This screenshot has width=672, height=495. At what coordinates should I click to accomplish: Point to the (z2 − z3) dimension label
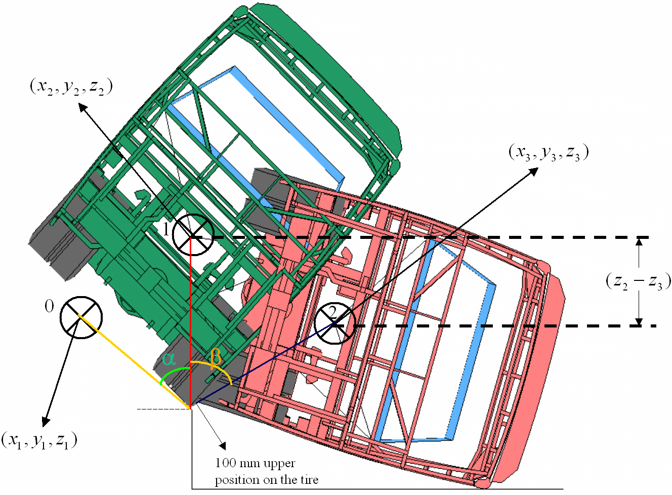coord(638,282)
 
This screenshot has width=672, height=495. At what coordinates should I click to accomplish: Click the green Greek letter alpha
coord(169,359)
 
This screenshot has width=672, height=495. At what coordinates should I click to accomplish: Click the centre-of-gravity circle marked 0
coord(81,317)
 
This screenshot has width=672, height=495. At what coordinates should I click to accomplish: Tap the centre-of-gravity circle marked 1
coord(193,235)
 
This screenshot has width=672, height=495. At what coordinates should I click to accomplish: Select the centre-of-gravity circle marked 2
coord(335,323)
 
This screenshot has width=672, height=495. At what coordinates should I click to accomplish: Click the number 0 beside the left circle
coord(49,307)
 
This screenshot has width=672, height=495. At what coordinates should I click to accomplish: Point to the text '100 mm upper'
coord(256,464)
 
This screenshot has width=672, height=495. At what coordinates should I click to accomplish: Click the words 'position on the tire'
coord(267,480)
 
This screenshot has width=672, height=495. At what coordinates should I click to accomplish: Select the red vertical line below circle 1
coord(191,322)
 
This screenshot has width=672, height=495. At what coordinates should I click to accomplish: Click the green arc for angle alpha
coord(174,374)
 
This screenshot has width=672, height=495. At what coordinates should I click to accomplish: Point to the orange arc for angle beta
coord(215,369)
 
